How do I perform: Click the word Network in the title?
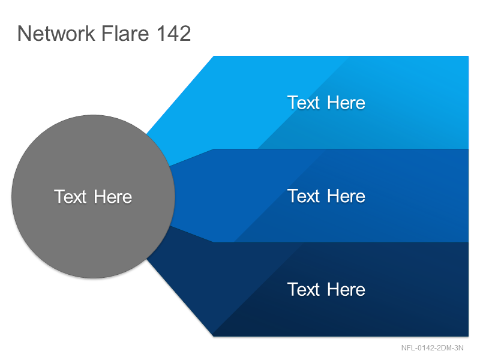(x=56, y=33)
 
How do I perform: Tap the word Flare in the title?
(x=125, y=33)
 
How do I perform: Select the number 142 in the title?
(x=174, y=33)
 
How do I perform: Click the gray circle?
(x=94, y=197)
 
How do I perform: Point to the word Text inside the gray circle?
(x=70, y=197)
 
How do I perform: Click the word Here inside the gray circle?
(x=113, y=197)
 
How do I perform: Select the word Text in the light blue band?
(x=304, y=103)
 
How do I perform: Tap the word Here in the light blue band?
(x=346, y=103)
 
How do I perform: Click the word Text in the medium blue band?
(x=304, y=196)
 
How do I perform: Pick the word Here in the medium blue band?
(x=346, y=196)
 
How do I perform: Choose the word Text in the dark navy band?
(x=304, y=290)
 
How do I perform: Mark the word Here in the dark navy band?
(x=346, y=290)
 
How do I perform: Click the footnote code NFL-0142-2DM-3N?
(x=432, y=348)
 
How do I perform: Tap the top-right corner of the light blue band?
(x=468, y=56)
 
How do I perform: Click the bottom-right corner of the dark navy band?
(x=468, y=336)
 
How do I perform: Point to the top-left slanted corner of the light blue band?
(x=214, y=56)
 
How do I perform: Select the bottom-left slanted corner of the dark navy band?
(x=214, y=336)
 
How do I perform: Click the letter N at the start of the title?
(x=25, y=34)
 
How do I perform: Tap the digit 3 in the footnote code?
(x=456, y=348)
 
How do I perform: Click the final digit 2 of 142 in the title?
(x=185, y=33)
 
